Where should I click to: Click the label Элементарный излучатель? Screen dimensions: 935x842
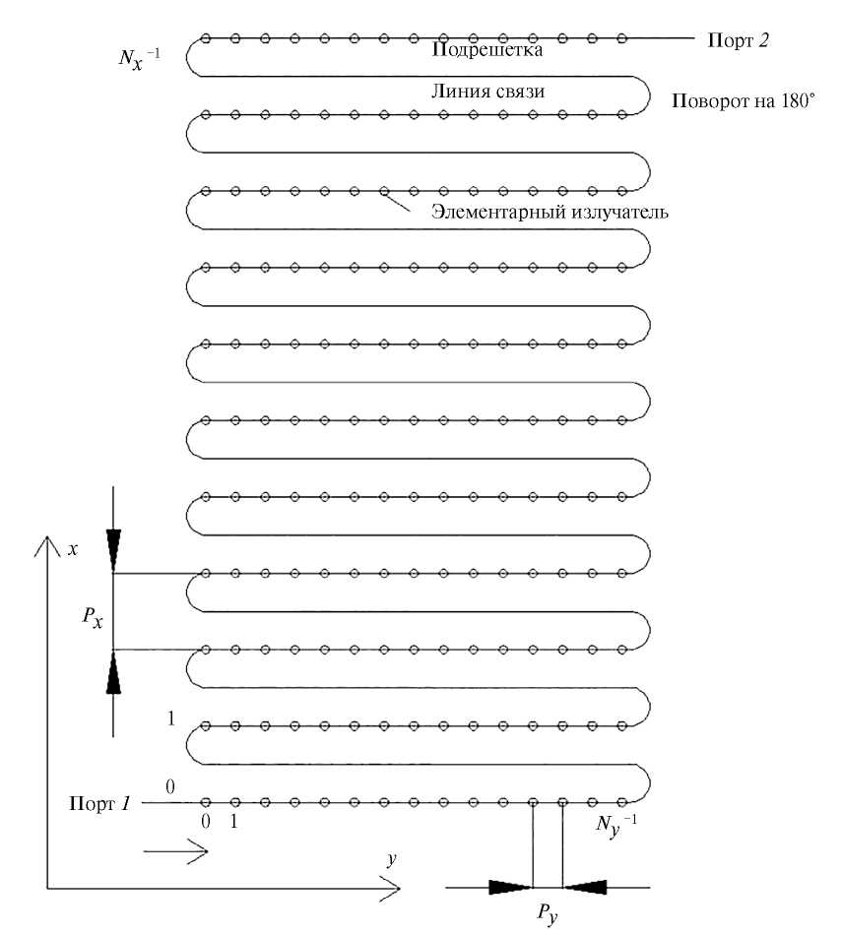click(551, 211)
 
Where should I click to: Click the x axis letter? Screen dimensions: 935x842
click(71, 547)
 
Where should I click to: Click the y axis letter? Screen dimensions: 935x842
click(391, 859)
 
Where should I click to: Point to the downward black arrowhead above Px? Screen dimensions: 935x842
click(114, 547)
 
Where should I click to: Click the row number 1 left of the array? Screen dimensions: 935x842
click(171, 718)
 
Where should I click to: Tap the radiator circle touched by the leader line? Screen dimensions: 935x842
click(384, 191)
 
